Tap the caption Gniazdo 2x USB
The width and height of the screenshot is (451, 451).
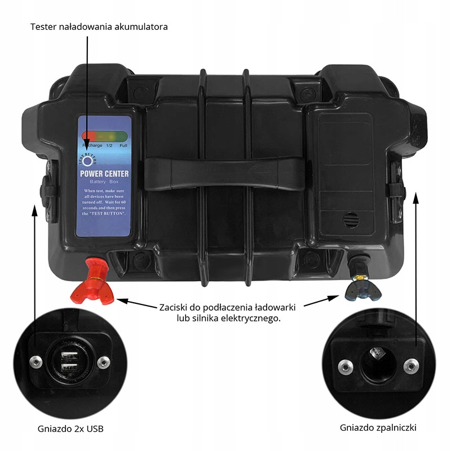coord(74,429)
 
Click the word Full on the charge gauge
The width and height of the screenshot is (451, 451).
coord(122,145)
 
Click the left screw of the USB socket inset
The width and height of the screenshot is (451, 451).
coord(36,361)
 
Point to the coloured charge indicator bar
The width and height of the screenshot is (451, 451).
coord(104,136)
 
